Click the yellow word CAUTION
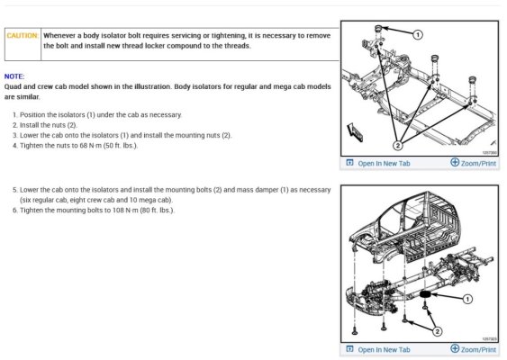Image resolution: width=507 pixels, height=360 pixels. click(x=22, y=35)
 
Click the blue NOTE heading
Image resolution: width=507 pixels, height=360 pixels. click(x=14, y=76)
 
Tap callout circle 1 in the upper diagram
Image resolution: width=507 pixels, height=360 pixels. click(x=418, y=34)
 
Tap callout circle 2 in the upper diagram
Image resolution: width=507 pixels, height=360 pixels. click(x=398, y=146)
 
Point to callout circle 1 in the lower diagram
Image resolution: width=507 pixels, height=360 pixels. click(x=467, y=299)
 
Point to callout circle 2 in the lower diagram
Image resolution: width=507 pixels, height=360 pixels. click(x=437, y=331)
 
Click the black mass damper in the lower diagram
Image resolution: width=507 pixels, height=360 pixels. click(x=426, y=294)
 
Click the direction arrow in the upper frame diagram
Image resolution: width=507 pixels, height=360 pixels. click(x=355, y=132)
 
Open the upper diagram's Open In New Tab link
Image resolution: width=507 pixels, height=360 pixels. click(x=384, y=164)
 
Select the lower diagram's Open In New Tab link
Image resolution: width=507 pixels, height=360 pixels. click(x=384, y=350)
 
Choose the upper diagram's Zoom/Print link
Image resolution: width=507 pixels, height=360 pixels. click(x=478, y=164)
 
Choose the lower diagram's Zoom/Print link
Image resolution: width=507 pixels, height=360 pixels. click(x=478, y=350)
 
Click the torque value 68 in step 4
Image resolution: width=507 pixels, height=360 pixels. click(x=84, y=146)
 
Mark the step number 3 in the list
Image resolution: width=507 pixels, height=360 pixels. click(x=14, y=135)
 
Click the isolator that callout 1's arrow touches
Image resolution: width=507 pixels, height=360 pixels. click(x=378, y=29)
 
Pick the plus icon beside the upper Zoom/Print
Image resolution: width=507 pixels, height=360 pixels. click(x=455, y=162)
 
